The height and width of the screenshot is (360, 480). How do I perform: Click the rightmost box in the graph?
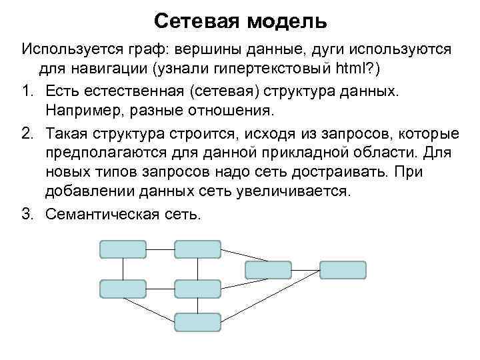343,269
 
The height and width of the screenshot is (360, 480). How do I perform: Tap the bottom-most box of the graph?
197,322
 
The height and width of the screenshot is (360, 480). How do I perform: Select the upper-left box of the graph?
122,249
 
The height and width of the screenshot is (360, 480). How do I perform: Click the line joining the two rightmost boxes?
305,269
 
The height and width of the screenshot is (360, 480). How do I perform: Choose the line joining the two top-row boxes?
160,249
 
